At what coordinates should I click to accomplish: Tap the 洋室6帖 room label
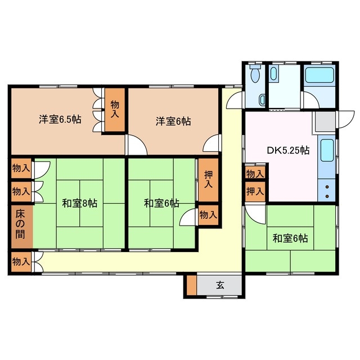pos(173,120)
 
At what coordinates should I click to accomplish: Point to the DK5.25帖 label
pos(287,150)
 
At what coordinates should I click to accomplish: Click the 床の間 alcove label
pos(20,224)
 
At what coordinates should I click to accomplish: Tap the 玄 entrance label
pos(220,285)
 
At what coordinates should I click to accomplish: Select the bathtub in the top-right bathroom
pos(319,75)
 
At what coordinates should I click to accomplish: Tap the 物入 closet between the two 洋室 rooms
pos(115,109)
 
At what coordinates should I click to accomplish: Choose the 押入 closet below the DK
pos(254,191)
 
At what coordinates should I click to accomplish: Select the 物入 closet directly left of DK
pos(254,173)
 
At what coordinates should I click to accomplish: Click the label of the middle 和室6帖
pos(161,202)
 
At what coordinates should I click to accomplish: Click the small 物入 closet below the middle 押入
pos(208,214)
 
